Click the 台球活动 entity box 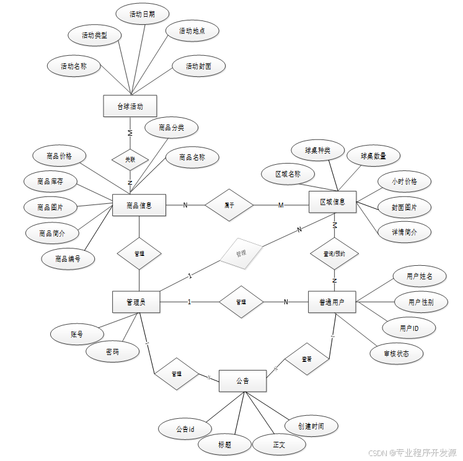[x=130, y=106]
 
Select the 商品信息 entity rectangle [x=139, y=205]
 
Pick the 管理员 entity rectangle [x=136, y=302]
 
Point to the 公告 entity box [x=242, y=381]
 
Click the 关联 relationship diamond [x=130, y=159]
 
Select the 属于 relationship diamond [x=229, y=205]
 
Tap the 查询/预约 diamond [x=334, y=253]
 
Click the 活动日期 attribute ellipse [x=142, y=14]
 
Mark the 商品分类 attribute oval [x=171, y=128]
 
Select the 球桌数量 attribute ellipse [x=373, y=156]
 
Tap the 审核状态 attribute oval [x=396, y=353]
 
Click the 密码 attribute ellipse [x=112, y=352]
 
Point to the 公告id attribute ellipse [x=185, y=428]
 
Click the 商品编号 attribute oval [x=68, y=258]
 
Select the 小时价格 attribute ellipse [x=404, y=182]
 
